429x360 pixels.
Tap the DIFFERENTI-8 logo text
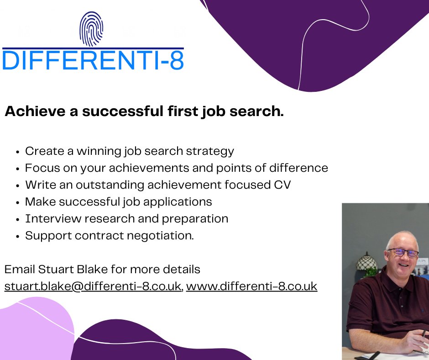pos(93,61)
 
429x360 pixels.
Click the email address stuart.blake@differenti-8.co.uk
pos(93,286)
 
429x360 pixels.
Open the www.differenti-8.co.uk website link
pos(251,286)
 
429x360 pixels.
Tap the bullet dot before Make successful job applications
pos(17,202)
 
